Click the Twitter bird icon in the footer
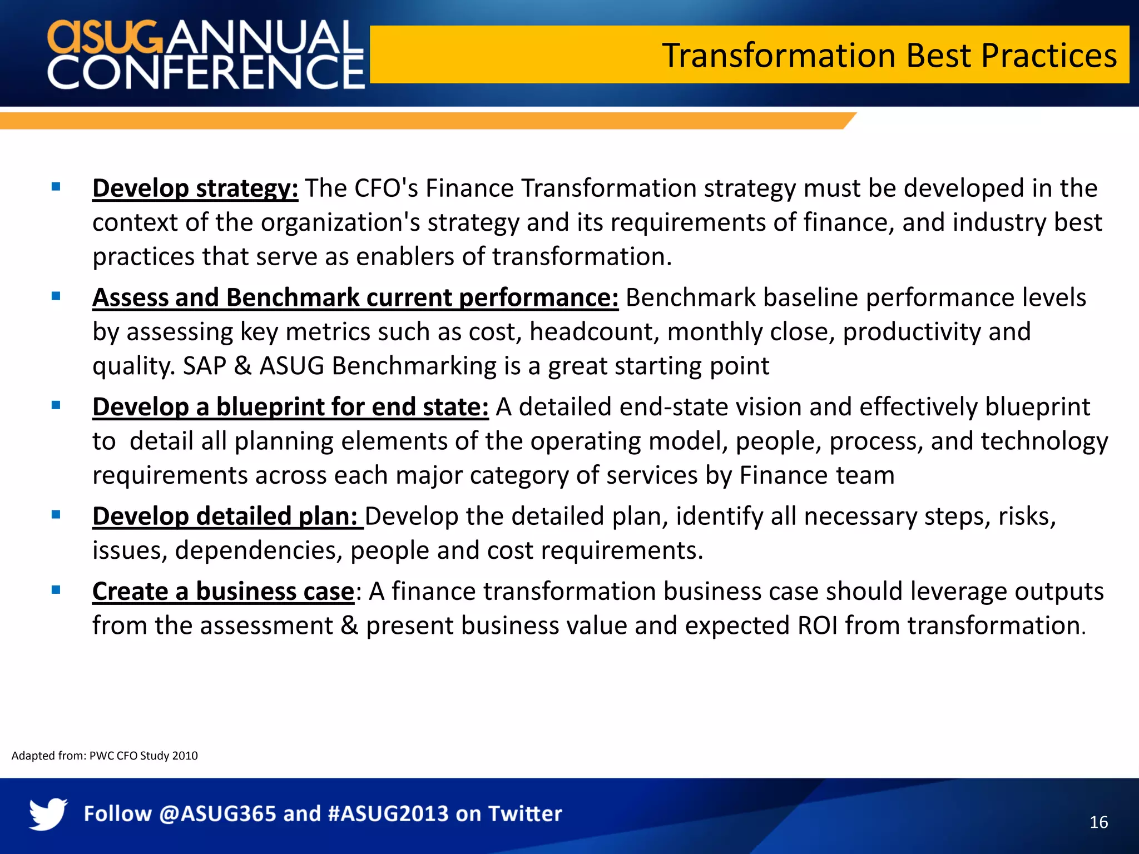pyautogui.click(x=48, y=814)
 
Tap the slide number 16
pyautogui.click(x=1098, y=822)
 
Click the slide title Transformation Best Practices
pyautogui.click(x=889, y=56)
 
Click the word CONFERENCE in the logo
pyautogui.click(x=206, y=72)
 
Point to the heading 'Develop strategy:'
pyautogui.click(x=195, y=188)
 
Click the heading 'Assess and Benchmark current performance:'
pyautogui.click(x=355, y=298)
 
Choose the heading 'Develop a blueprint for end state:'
pyautogui.click(x=290, y=407)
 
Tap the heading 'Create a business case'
pyautogui.click(x=223, y=592)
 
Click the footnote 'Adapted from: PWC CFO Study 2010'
pyautogui.click(x=105, y=756)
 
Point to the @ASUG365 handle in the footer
pyautogui.click(x=217, y=814)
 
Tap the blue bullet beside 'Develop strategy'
pyautogui.click(x=56, y=187)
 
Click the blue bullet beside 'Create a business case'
pyautogui.click(x=56, y=590)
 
